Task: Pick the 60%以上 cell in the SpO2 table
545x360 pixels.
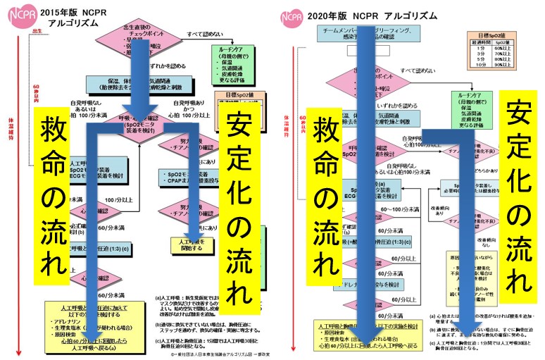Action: pyautogui.click(x=518, y=49)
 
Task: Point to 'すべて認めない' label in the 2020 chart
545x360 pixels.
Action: pyautogui.click(x=419, y=70)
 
